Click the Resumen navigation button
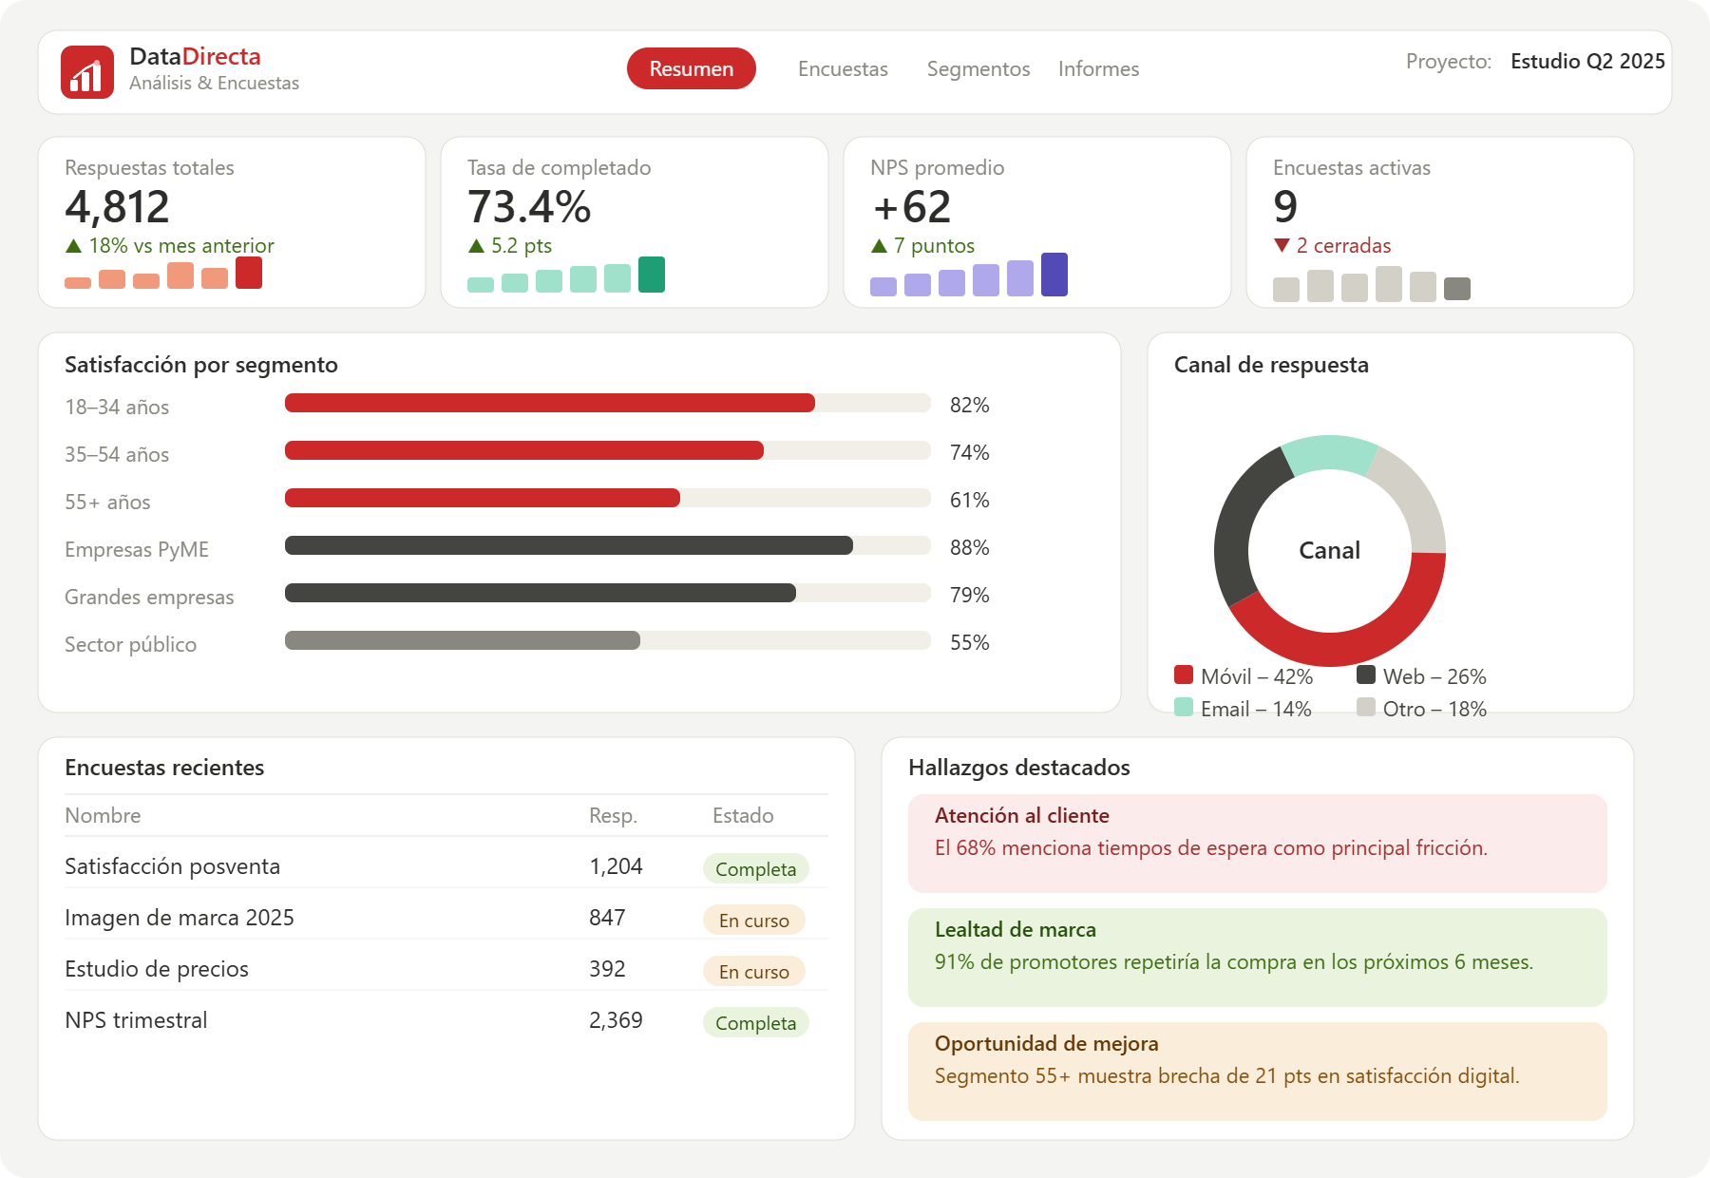tap(691, 68)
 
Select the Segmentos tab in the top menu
tap(978, 68)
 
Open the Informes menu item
tap(1098, 68)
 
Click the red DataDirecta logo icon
tap(87, 72)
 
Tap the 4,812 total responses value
tap(117, 207)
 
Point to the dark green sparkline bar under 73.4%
tap(652, 275)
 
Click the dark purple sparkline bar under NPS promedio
tap(1054, 275)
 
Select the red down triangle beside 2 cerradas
tap(1282, 245)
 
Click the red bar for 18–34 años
tap(550, 403)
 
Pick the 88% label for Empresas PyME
tap(969, 547)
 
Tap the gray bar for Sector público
tap(463, 640)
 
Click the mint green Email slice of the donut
tap(1329, 453)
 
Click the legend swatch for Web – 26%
tap(1366, 675)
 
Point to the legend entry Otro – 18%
tap(1421, 709)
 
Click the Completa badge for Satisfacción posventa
tap(756, 868)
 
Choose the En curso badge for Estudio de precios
tap(754, 971)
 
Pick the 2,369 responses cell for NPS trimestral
tap(616, 1020)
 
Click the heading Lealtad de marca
tap(1016, 929)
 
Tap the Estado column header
tap(743, 815)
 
